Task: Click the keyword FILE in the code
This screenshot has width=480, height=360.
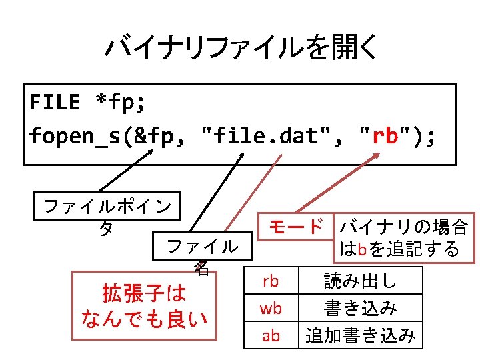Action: (55, 102)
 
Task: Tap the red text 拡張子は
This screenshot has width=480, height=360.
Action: (143, 293)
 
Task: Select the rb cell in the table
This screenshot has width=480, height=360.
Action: (270, 281)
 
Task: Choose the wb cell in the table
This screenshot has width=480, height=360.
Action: (270, 309)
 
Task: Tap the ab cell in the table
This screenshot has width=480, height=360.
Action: (270, 335)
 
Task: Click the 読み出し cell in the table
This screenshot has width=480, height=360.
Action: (360, 281)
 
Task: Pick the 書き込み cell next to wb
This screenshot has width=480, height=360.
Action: (360, 309)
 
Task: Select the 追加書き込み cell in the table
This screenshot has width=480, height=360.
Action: (360, 335)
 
